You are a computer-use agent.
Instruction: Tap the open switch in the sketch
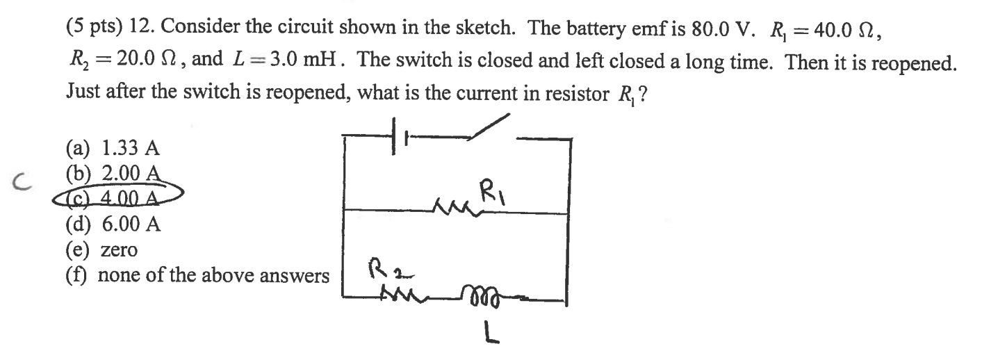[491, 130]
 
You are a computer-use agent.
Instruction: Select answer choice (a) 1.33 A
[113, 147]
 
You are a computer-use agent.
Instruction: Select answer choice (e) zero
[102, 249]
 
